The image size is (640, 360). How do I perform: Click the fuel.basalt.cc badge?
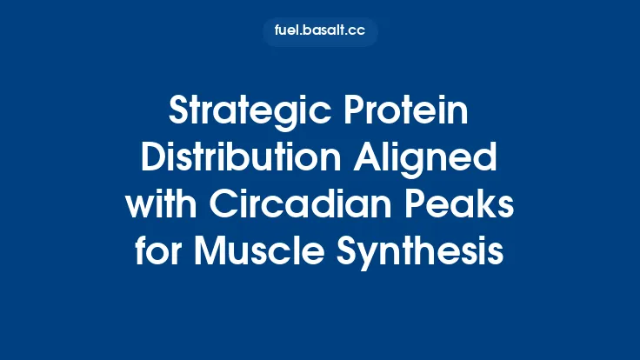[x=320, y=32]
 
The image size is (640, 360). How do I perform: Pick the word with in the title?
[x=159, y=207]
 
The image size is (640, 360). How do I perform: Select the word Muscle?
[x=263, y=252]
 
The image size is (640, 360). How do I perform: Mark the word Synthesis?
[x=425, y=252]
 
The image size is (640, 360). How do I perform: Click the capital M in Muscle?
[x=211, y=252]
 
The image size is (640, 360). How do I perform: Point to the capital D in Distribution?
[x=153, y=161]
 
